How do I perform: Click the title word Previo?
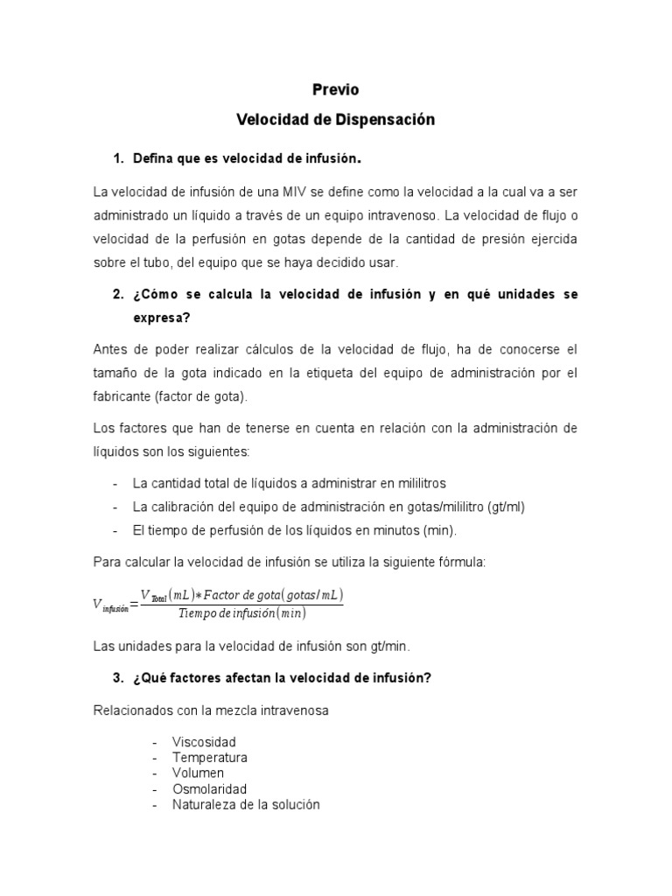336,89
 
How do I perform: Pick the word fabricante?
121,396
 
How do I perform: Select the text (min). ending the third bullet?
440,530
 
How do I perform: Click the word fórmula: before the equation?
460,562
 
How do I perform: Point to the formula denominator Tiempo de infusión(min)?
241,613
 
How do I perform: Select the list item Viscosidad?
204,742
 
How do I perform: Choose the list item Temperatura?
210,758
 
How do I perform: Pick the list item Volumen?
198,773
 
